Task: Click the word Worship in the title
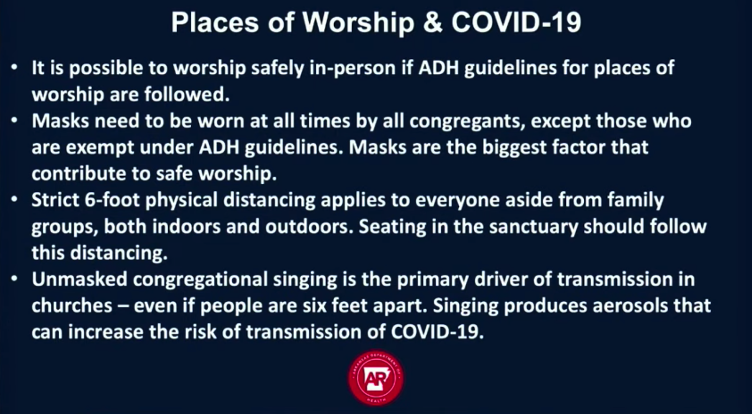click(x=359, y=23)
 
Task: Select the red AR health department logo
click(x=376, y=378)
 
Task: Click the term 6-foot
click(x=112, y=200)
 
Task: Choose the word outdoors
click(x=309, y=227)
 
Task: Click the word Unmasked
click(x=79, y=279)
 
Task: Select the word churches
click(x=72, y=306)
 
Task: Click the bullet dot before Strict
click(x=14, y=199)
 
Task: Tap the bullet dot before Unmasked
click(x=14, y=279)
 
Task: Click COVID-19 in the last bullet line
click(x=437, y=332)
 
